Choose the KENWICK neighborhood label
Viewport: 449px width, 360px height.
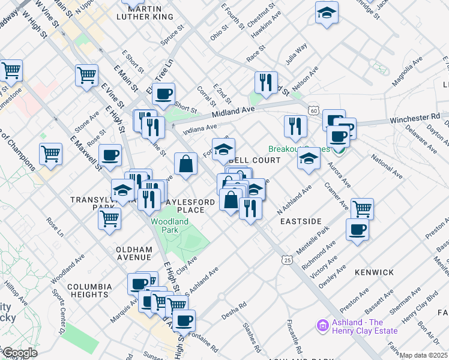374,272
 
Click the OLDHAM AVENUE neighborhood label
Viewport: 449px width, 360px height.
134,253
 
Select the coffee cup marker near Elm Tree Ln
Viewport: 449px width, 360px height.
163,93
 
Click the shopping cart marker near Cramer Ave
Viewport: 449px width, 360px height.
362,208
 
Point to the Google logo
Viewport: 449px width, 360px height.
19,353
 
